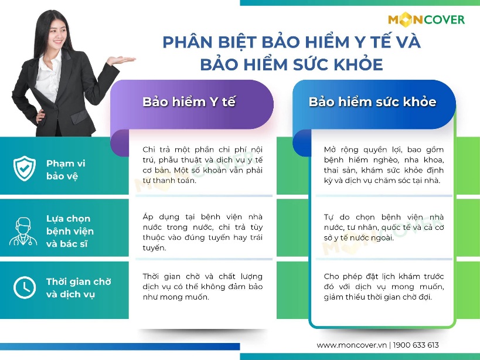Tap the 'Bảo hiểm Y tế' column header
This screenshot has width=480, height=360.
click(x=189, y=101)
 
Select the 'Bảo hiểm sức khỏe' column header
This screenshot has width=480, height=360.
click(x=372, y=101)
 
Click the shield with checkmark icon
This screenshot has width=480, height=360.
click(x=25, y=169)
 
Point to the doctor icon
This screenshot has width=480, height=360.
click(x=23, y=230)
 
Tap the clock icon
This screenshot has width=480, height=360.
click(x=25, y=287)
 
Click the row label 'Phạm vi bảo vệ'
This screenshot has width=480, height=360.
click(x=66, y=169)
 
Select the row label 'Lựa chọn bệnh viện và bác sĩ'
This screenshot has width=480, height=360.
click(x=70, y=231)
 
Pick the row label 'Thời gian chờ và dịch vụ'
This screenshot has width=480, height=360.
click(x=79, y=287)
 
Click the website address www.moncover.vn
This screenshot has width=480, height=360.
click(x=352, y=345)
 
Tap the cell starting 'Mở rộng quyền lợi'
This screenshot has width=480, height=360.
click(x=383, y=165)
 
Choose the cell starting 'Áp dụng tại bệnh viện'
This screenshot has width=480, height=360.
click(x=202, y=232)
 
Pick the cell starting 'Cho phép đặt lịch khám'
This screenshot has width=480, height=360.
click(x=383, y=286)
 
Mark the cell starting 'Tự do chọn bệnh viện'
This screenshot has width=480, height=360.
click(x=383, y=227)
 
